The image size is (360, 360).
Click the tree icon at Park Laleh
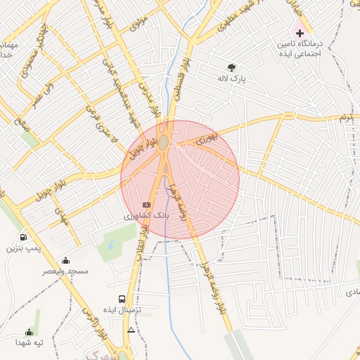[231, 69]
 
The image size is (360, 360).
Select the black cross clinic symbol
[300, 33]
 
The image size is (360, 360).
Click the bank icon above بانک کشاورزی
[146, 205]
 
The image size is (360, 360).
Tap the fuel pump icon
[24, 238]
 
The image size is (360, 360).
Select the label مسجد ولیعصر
[65, 271]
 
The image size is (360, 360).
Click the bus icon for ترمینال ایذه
[123, 299]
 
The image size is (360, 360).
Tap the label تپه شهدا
[30, 342]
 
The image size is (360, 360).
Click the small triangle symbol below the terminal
[131, 330]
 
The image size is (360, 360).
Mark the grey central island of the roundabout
[163, 143]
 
